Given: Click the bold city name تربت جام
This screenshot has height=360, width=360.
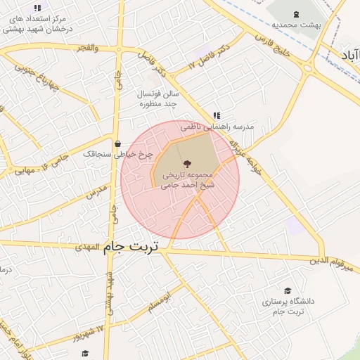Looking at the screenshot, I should [131, 247].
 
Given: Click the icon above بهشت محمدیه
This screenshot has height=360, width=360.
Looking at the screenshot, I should [295, 12].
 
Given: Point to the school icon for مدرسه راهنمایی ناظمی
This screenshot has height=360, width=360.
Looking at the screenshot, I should [217, 115].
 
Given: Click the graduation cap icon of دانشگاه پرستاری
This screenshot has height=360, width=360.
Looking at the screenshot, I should [287, 290].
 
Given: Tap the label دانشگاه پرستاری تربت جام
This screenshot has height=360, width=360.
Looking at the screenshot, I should [288, 306].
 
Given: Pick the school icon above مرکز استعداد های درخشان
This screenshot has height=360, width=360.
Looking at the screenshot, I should [37, 7].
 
